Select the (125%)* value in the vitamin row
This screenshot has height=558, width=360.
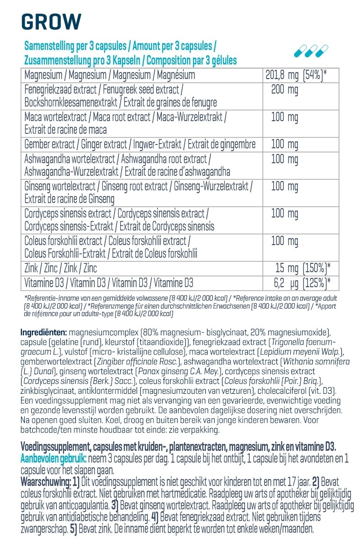pyautogui.click(x=317, y=283)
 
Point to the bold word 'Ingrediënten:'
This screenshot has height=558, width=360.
pyautogui.click(x=44, y=333)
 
